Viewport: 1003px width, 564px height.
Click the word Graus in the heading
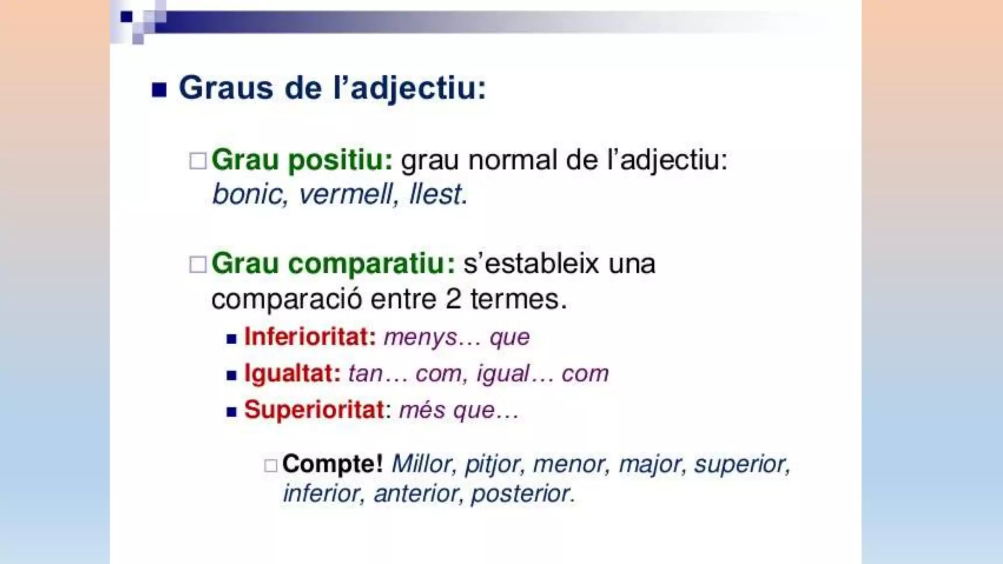pyautogui.click(x=226, y=88)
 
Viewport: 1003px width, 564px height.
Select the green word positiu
pyautogui.click(x=340, y=160)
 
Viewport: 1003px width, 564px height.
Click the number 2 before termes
pyautogui.click(x=454, y=299)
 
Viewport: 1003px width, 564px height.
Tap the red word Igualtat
pyautogui.click(x=292, y=374)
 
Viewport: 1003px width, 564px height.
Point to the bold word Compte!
pyautogui.click(x=332, y=464)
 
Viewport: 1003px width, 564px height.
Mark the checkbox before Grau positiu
pyautogui.click(x=198, y=161)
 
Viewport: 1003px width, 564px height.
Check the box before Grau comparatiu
pyautogui.click(x=198, y=265)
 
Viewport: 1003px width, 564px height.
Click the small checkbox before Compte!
pyautogui.click(x=270, y=465)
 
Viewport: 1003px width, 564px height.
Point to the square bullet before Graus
pyautogui.click(x=159, y=90)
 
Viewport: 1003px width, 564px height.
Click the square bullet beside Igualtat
pyautogui.click(x=232, y=376)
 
